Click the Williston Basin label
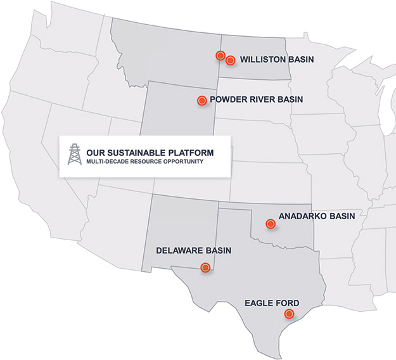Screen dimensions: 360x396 pyautogui.click(x=278, y=60)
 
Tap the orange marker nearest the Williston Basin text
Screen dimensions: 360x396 pyautogui.click(x=231, y=60)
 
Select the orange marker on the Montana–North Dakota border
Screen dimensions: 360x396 pyautogui.click(x=220, y=56)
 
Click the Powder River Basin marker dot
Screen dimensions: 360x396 pyautogui.click(x=201, y=100)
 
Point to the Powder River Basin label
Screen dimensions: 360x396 pyautogui.click(x=256, y=100)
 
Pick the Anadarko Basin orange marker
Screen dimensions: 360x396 pyautogui.click(x=271, y=223)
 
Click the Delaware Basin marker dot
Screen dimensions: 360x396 pyautogui.click(x=205, y=267)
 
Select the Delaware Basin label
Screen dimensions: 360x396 pyautogui.click(x=193, y=251)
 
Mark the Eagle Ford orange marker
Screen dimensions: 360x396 pyautogui.click(x=289, y=314)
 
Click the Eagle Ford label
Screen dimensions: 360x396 pyautogui.click(x=272, y=302)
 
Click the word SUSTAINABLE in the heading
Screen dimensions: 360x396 pyautogui.click(x=136, y=153)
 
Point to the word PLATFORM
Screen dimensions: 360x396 pyautogui.click(x=191, y=153)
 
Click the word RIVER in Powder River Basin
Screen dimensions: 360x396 pyautogui.click(x=260, y=100)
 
